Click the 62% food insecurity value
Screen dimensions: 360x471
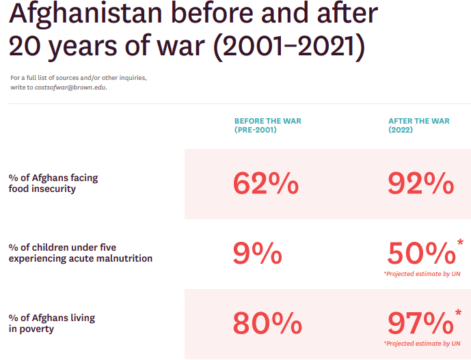[266, 184]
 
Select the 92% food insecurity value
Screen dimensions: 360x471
[420, 184]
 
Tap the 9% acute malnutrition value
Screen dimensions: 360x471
[257, 254]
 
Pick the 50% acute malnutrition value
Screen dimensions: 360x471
[420, 254]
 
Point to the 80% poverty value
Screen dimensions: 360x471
[267, 323]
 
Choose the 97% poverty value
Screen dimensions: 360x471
[420, 323]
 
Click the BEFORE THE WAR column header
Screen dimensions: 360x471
[267, 121]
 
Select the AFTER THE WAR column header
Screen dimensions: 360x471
[418, 121]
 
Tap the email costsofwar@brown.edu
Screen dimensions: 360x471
[70, 87]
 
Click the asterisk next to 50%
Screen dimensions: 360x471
[460, 243]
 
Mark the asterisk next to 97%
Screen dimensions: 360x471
[460, 312]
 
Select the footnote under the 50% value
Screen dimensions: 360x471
[422, 274]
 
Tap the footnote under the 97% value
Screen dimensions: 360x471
[422, 343]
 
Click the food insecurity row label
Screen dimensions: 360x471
[53, 183]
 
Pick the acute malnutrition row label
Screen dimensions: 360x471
[80, 253]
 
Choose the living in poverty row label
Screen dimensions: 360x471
[51, 323]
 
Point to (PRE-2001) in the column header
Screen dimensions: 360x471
[255, 129]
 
